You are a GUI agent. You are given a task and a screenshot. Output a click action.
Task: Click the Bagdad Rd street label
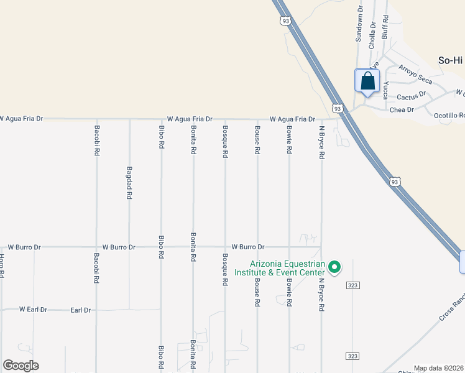coord(129,182)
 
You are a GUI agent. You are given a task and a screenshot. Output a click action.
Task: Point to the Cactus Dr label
coord(411,96)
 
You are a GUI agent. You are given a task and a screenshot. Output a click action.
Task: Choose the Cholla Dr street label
coord(372,35)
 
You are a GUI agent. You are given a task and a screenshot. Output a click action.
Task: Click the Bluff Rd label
coord(385,28)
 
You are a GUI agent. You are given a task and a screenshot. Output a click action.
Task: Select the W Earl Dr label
coord(33,309)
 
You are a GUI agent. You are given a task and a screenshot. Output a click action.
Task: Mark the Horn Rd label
coord(2,266)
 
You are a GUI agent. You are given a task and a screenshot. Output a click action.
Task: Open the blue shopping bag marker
coord(367,81)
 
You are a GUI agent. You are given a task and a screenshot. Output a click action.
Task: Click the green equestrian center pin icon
coord(334,267)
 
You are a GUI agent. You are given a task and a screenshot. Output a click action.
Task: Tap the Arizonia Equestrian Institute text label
coord(279,268)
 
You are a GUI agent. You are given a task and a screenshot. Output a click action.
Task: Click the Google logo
coord(21,366)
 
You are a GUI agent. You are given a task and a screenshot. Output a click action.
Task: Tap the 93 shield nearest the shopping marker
coord(336,108)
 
